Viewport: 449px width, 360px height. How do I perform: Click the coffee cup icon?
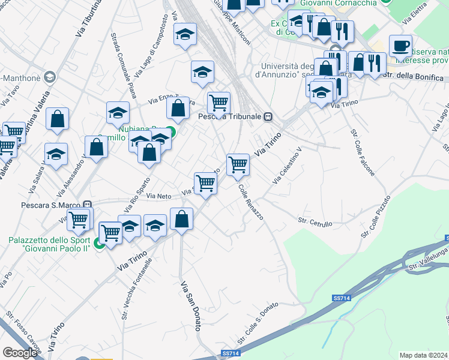click(400, 46)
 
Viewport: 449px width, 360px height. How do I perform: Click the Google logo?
click(20, 353)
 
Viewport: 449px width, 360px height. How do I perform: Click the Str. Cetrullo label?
click(315, 222)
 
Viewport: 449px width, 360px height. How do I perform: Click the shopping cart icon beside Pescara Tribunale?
click(218, 103)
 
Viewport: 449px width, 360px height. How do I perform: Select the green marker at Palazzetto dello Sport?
click(100, 244)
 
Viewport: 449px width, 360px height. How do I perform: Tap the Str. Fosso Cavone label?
click(23, 329)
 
